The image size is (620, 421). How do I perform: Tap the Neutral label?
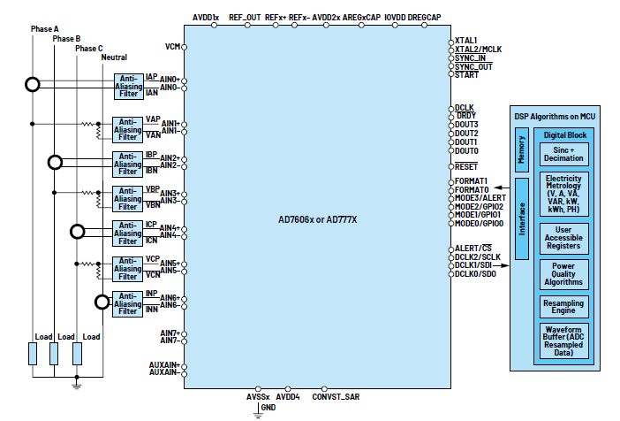point(115,57)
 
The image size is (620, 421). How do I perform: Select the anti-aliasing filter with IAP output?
point(127,84)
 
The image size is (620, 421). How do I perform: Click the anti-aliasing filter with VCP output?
point(127,268)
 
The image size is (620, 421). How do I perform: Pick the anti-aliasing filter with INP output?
point(127,302)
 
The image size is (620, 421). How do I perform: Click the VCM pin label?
point(173,45)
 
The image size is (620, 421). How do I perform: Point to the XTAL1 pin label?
point(466,41)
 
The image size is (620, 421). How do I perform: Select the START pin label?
point(466,75)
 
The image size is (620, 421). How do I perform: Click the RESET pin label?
point(466,166)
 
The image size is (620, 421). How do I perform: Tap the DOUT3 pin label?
point(466,125)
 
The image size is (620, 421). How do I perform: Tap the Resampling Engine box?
point(563,307)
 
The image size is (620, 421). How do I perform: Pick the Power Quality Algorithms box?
point(563,274)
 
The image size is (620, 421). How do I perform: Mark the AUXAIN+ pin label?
point(164,364)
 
